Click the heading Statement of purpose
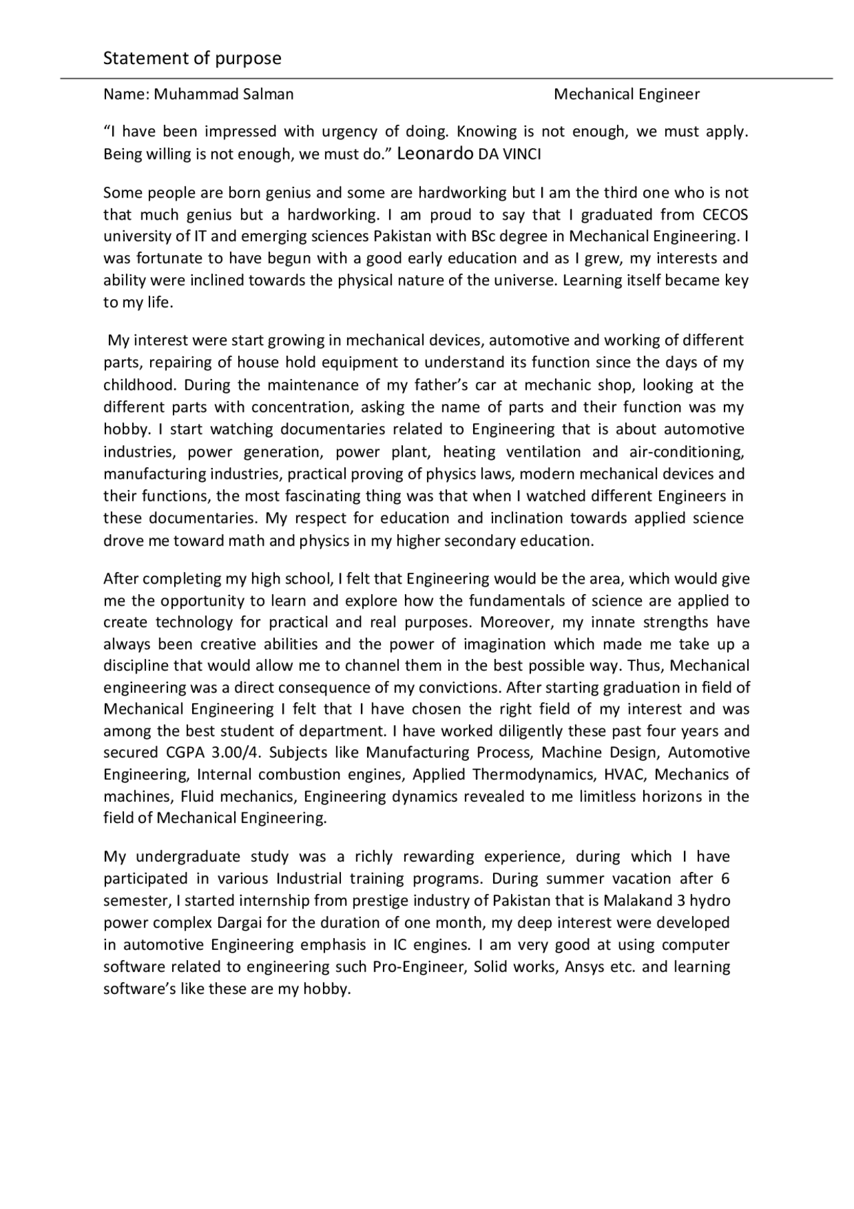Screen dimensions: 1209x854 pos(192,59)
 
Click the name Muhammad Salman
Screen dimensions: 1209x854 pos(224,94)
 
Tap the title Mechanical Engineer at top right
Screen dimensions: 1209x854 pos(626,94)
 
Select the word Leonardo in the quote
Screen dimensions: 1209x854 pos(435,154)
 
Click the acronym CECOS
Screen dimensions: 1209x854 pos(725,214)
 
